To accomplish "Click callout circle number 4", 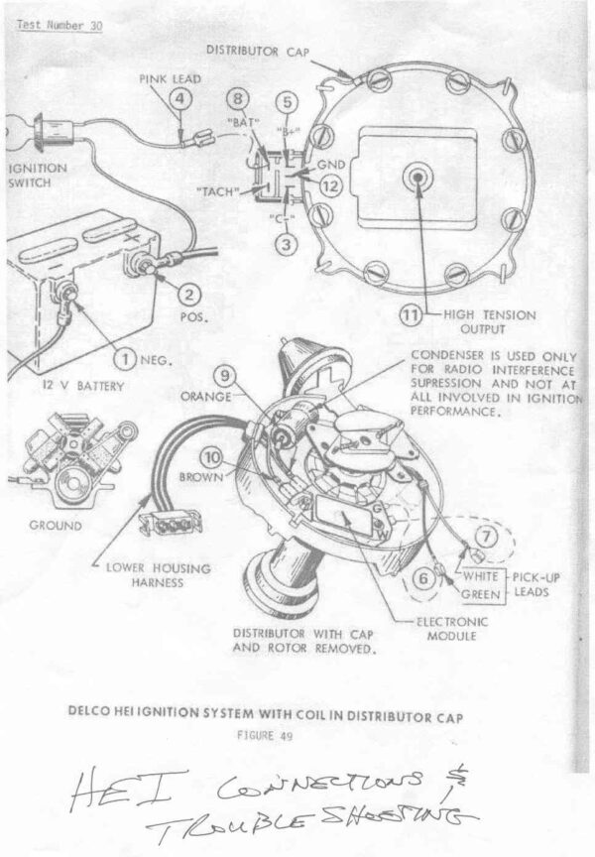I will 179,97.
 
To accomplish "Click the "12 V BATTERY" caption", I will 84,385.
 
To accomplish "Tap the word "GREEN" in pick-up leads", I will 482,594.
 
